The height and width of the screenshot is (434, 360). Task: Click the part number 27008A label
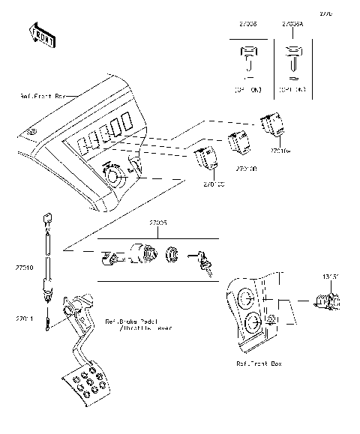[292, 24]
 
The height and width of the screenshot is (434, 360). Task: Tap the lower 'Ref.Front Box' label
[259, 363]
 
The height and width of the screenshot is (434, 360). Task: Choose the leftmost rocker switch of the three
[206, 158]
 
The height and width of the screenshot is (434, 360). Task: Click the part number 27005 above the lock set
[157, 223]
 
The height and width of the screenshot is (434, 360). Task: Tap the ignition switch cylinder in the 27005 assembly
[143, 253]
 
